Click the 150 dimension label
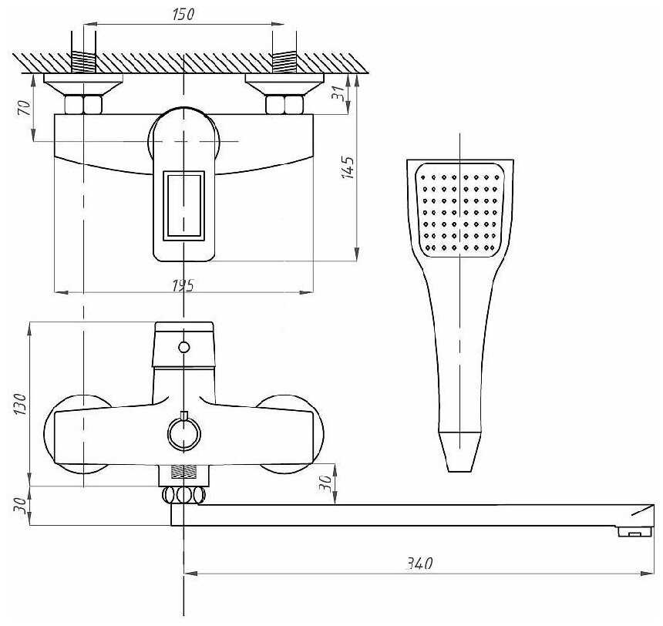[x=183, y=15]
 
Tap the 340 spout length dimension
[x=419, y=564]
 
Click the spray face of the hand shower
[x=459, y=210]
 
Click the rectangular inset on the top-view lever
[x=183, y=204]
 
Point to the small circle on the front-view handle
[x=183, y=347]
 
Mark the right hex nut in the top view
[x=284, y=104]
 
